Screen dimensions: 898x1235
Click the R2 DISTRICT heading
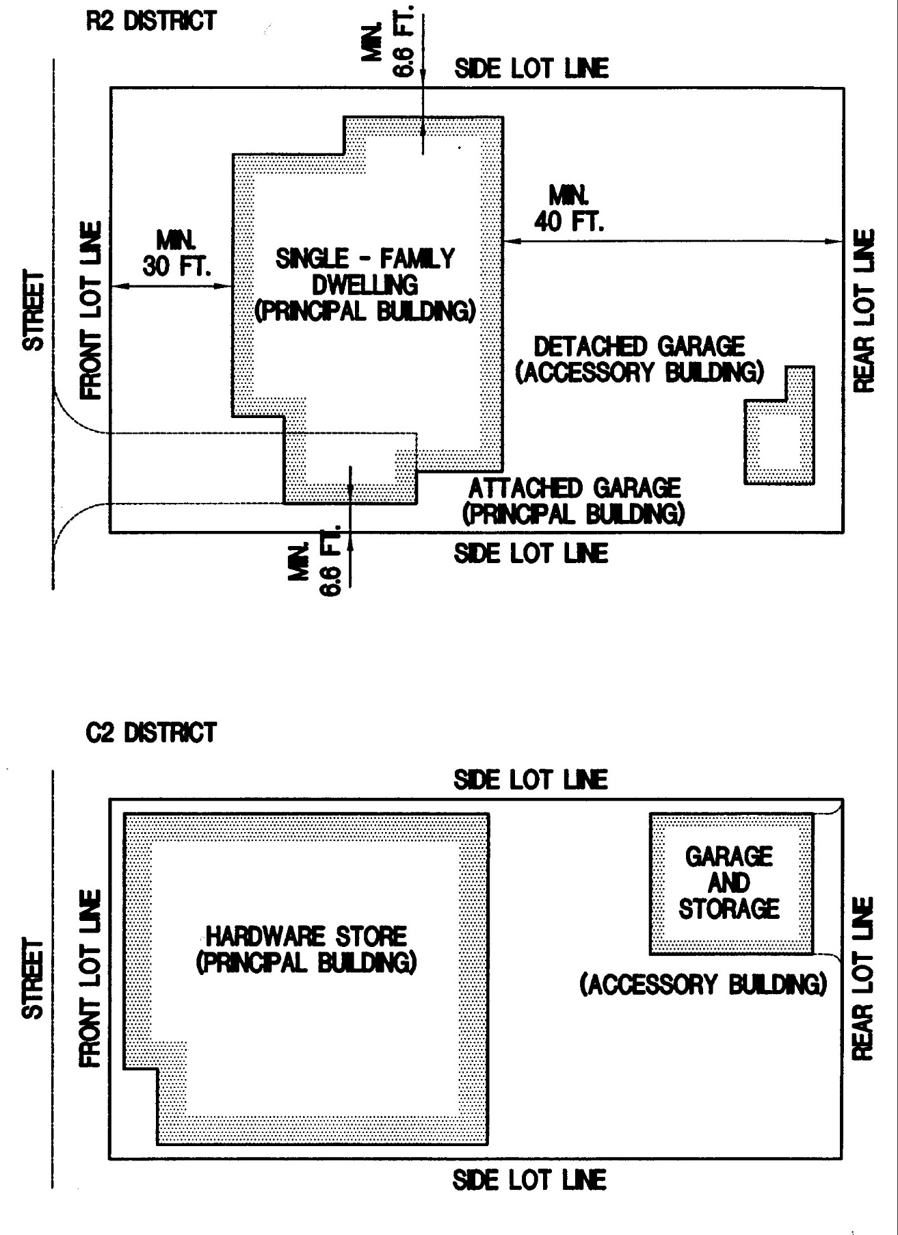click(151, 21)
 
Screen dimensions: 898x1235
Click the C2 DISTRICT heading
click(151, 733)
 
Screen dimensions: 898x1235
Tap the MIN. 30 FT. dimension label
click(176, 253)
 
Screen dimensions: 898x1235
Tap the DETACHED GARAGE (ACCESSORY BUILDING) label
click(639, 359)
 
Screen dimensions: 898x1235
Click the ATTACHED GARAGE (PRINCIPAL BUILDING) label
click(574, 501)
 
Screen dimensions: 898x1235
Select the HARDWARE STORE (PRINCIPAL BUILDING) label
click(306, 949)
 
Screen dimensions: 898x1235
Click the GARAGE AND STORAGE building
click(730, 883)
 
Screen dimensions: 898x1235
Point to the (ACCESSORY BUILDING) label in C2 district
click(702, 985)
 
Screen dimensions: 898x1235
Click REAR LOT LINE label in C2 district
click(864, 978)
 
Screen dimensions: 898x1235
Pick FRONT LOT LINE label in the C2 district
click(92, 978)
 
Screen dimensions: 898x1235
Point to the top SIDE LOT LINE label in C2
click(531, 780)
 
